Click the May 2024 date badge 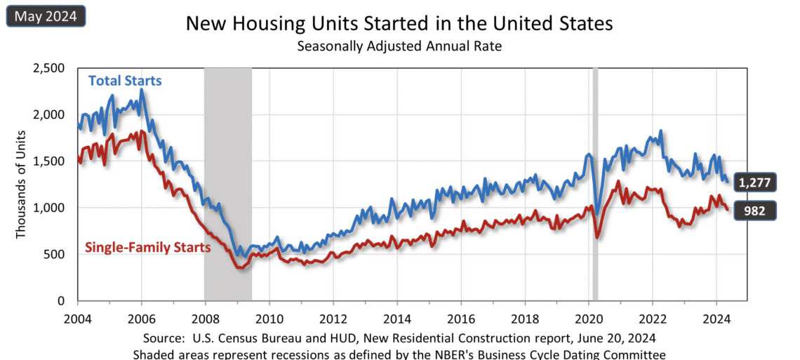[46, 15]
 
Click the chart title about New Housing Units [399, 23]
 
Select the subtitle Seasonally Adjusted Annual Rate [399, 46]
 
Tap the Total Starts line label [125, 81]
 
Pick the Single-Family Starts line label [148, 247]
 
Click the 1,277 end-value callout [754, 182]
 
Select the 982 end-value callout [754, 210]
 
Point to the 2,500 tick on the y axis [49, 68]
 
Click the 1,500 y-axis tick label [49, 161]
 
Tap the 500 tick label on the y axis [55, 254]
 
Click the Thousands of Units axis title [20, 184]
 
